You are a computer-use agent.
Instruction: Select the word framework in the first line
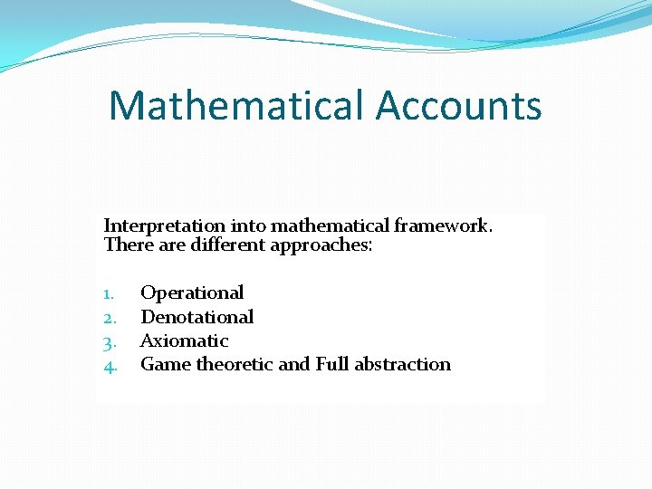[442, 225]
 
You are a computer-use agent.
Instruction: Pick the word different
[225, 244]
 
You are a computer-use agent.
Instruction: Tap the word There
[125, 244]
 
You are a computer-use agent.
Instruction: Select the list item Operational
[192, 292]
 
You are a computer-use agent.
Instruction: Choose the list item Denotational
[197, 317]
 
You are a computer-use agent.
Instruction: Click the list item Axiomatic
[185, 340]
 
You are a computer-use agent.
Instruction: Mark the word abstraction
[402, 364]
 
